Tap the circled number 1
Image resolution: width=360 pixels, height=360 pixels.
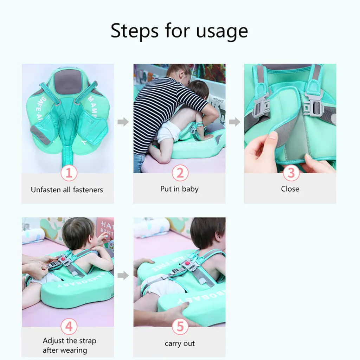click(x=69, y=173)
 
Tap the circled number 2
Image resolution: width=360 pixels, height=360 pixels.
click(x=180, y=173)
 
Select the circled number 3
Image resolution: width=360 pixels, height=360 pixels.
click(x=291, y=173)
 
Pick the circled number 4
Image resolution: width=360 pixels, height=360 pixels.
click(x=69, y=327)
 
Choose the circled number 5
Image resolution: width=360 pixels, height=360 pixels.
click(x=180, y=327)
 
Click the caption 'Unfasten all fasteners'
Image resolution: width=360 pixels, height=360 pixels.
click(x=67, y=190)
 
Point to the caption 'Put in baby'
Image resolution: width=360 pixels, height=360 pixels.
click(x=179, y=189)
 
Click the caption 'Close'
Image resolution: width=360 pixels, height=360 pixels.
click(x=290, y=189)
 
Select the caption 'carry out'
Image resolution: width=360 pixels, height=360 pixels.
click(x=180, y=343)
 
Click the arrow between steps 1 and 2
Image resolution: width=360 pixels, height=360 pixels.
click(x=123, y=122)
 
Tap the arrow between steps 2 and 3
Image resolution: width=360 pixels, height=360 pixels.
click(x=234, y=122)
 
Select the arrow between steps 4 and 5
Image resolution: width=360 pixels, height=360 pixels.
click(x=123, y=275)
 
